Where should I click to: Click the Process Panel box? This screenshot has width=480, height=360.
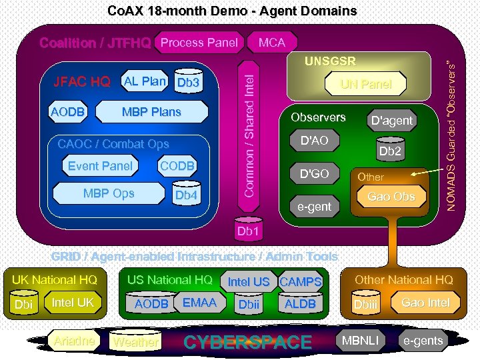[x=199, y=43]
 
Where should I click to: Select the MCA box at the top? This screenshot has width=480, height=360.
[x=271, y=43]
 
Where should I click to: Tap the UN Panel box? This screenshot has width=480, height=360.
[x=365, y=84]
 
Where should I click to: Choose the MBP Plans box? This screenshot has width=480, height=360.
[x=151, y=112]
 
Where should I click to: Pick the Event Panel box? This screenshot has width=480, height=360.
[x=100, y=166]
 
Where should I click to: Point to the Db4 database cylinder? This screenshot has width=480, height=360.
[x=185, y=194]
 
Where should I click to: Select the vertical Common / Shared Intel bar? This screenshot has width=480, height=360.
[x=248, y=134]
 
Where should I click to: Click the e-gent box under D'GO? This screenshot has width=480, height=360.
[x=315, y=207]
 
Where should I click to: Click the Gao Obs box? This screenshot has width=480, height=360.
[x=391, y=197]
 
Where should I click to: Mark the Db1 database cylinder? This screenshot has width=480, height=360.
[x=247, y=230]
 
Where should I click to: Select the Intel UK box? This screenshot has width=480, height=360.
[x=73, y=303]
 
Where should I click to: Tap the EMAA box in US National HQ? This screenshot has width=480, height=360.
[x=199, y=303]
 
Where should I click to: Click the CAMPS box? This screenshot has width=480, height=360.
[x=301, y=282]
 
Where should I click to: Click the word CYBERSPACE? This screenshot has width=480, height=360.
[x=247, y=342]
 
